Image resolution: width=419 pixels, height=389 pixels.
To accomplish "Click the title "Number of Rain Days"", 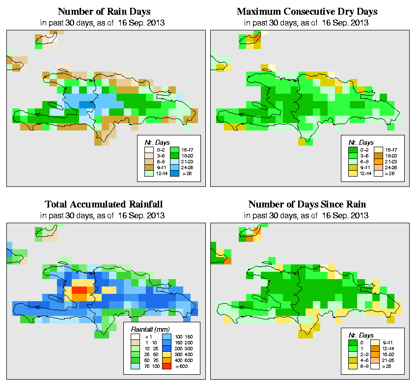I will point(104,11).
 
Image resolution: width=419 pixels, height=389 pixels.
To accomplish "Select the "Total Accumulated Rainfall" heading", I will point(104,204).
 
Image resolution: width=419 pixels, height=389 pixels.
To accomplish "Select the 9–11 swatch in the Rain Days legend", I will point(147,167).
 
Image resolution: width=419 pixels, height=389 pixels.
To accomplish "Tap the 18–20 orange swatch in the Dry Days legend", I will point(378,155).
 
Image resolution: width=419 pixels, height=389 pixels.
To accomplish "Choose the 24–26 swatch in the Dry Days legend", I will point(378,167).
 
